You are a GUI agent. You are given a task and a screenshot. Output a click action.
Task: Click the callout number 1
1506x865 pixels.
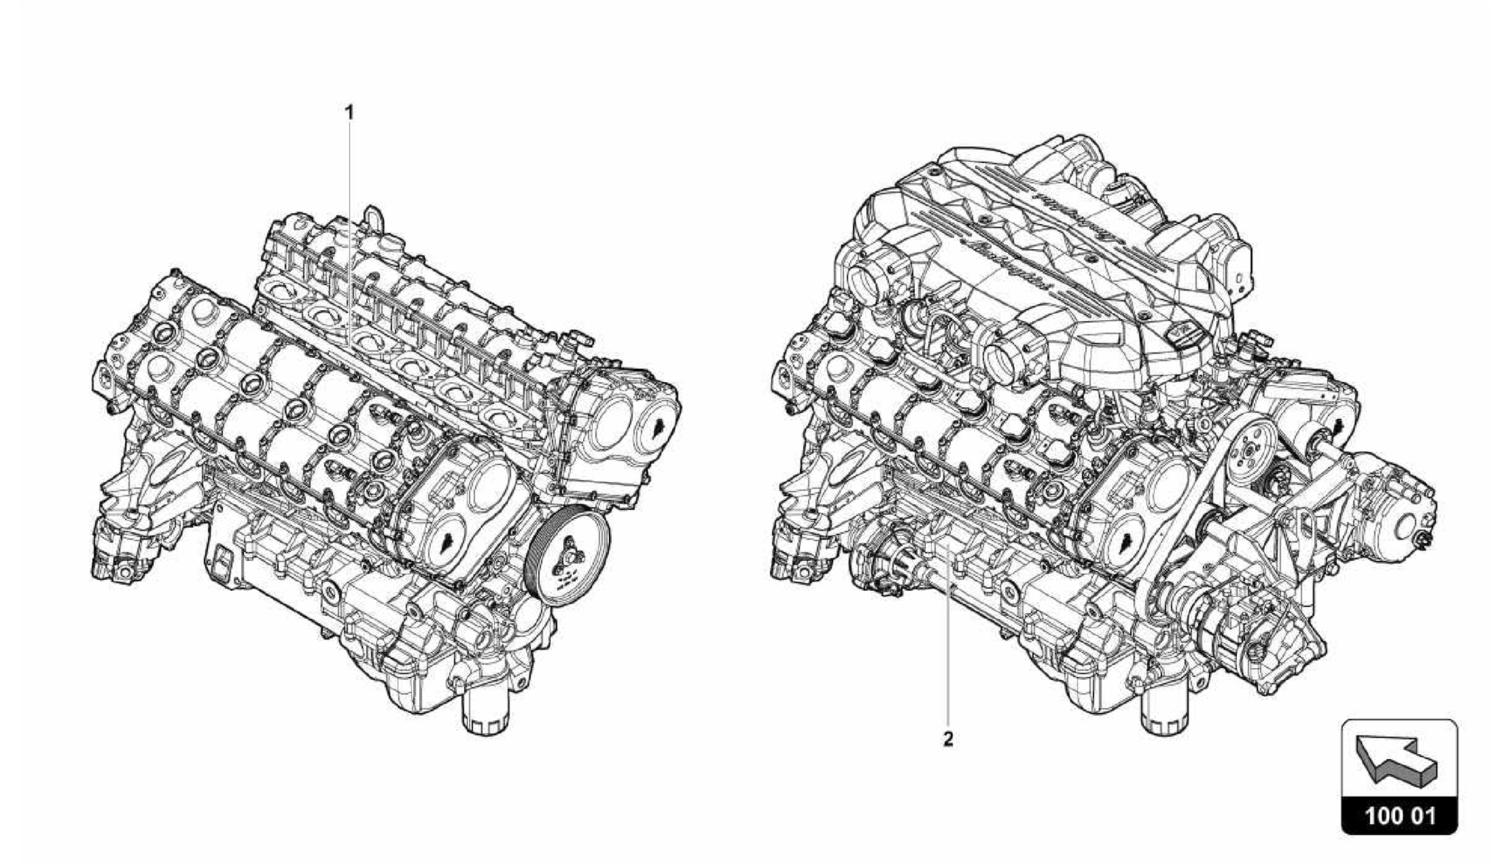[x=350, y=112]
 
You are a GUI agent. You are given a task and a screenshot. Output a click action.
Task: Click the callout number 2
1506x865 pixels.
[x=948, y=739]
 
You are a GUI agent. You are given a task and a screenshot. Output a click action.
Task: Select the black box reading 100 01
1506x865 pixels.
[x=1399, y=815]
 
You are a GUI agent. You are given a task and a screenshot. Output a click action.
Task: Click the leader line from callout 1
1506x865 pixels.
[x=350, y=220]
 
